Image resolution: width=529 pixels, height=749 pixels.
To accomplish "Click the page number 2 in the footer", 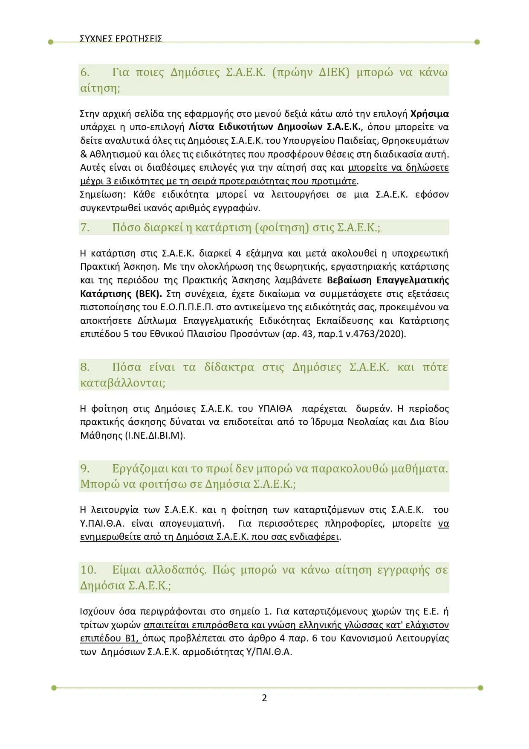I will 264,698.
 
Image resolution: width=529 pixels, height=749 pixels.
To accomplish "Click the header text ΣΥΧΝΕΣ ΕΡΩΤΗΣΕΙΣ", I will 121,38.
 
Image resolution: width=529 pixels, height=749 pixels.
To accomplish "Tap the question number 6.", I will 85,72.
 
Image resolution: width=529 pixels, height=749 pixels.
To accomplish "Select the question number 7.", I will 85,227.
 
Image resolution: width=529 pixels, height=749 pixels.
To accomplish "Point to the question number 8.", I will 85,367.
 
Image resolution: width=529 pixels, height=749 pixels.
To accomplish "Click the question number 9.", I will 85,469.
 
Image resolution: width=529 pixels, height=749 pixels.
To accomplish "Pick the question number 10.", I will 88,570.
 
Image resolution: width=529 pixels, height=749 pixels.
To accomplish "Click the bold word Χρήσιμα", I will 429,114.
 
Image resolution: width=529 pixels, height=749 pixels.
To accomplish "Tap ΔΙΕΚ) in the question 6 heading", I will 334,72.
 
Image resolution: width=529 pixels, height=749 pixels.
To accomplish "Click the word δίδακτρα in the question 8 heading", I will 229,367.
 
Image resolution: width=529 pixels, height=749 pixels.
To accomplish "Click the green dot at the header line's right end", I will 477,42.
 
